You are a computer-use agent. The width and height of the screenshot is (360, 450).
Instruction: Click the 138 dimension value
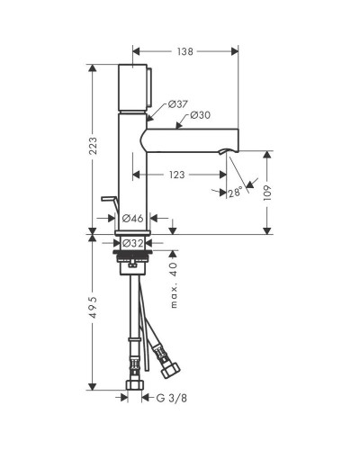pos(184,51)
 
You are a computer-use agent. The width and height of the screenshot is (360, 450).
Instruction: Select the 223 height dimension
pos(94,146)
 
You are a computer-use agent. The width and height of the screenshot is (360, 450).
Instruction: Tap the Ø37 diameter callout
pos(178,104)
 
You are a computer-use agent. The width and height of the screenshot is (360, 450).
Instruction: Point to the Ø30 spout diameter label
pos(201,115)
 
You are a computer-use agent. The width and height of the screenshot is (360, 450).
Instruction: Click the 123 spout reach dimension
pos(176,175)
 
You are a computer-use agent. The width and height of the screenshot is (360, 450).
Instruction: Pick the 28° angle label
pos(235,193)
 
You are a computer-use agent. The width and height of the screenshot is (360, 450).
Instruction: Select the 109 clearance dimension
pos(267,193)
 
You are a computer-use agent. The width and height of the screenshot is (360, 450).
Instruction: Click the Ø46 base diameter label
pos(133,218)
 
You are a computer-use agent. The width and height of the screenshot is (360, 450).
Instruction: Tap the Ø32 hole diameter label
pos(133,243)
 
